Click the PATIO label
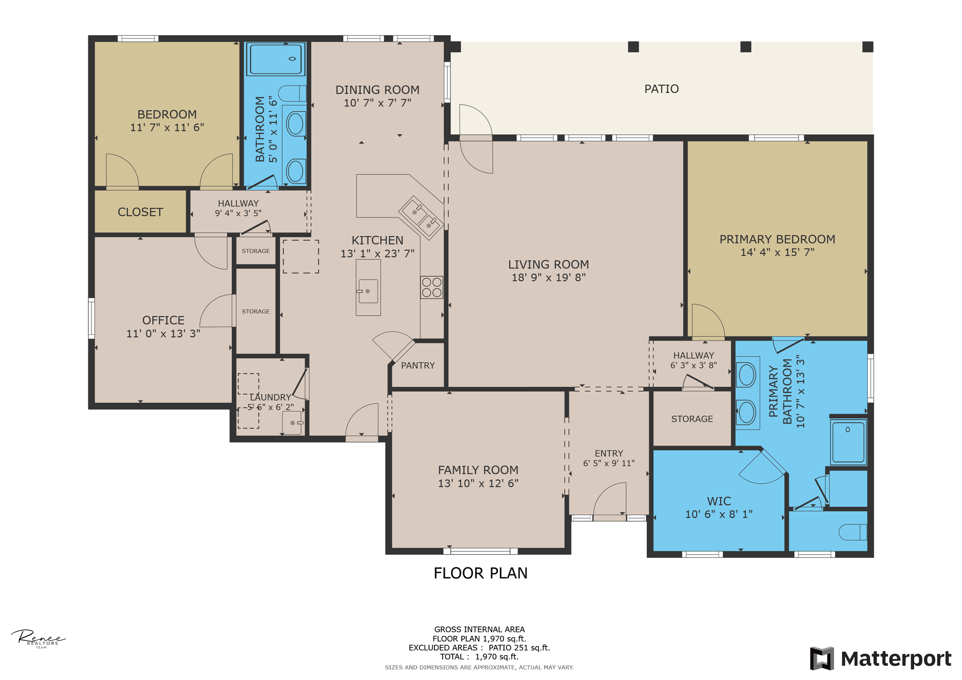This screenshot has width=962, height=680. point(661,89)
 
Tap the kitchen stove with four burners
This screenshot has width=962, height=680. point(432,287)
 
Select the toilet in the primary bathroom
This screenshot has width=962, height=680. point(853,532)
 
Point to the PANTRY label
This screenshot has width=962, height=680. point(418,365)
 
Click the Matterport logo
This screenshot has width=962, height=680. point(881,658)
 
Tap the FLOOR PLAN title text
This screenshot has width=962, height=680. point(481,573)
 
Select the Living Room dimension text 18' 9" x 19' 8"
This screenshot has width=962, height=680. point(549,278)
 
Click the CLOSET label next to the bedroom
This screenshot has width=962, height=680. point(140,212)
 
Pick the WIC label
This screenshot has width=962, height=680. point(719,501)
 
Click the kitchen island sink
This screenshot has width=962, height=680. point(368,291)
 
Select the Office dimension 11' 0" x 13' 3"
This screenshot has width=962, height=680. point(163,333)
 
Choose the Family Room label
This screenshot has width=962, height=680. point(478,470)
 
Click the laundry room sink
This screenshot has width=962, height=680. point(292,423)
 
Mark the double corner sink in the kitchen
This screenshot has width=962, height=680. point(421,217)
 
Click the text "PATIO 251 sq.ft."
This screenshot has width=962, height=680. point(519,648)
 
